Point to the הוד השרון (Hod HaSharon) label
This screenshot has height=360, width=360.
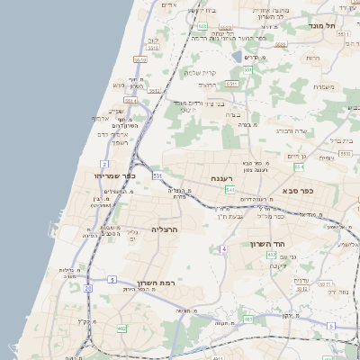(x=267, y=244)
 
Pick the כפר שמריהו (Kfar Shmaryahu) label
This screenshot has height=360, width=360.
(x=114, y=175)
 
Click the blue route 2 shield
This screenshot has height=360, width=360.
(x=105, y=164)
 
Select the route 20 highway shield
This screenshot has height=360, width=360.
(x=88, y=288)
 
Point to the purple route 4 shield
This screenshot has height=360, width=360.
(x=223, y=247)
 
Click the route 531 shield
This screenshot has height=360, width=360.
(x=157, y=175)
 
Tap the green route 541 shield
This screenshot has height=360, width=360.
(x=230, y=191)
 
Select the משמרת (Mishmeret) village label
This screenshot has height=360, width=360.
(x=326, y=87)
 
